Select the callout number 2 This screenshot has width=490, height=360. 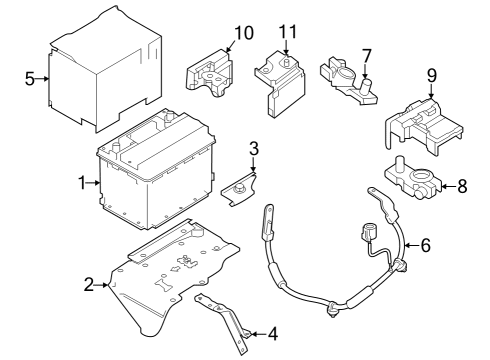(x=89, y=286)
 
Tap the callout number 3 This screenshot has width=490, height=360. (x=254, y=149)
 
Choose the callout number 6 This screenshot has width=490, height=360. (x=426, y=243)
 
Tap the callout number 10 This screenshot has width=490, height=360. (x=242, y=33)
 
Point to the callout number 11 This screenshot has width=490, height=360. (x=288, y=33)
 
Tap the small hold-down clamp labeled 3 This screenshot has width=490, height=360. (x=242, y=188)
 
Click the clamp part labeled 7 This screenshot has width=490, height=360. (x=345, y=79)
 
